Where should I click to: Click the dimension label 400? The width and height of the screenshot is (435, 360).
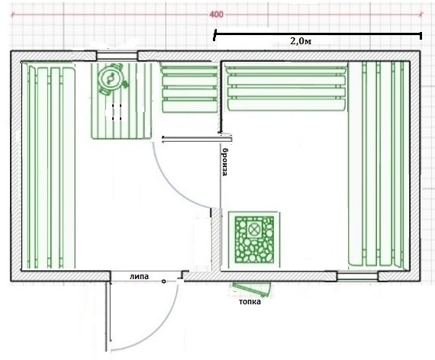click(x=216, y=14)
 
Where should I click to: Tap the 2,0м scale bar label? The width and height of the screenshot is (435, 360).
click(x=301, y=41)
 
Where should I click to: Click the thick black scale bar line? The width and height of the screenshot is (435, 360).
click(x=317, y=34)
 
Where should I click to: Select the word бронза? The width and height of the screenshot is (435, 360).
click(x=225, y=162)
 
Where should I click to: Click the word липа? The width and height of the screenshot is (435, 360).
click(x=139, y=276)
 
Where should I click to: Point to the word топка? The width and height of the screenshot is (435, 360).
click(x=250, y=301)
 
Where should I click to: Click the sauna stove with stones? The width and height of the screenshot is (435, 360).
click(x=254, y=239)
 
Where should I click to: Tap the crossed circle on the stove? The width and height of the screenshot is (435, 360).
click(x=253, y=229)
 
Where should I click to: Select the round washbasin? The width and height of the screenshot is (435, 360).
click(x=111, y=79)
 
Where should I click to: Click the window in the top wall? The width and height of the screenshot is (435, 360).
click(x=117, y=56)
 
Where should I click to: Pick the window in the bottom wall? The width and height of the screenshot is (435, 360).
click(x=357, y=276)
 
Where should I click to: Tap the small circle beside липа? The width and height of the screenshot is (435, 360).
click(x=163, y=281)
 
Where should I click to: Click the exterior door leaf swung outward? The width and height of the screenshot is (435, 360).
click(x=108, y=317)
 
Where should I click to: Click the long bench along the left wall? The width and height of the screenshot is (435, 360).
click(x=49, y=165)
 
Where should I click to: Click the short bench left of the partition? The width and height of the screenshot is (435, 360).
click(x=190, y=88)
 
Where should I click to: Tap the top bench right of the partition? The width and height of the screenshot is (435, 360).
click(x=286, y=86)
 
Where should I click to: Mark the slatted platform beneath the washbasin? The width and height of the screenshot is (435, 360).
click(x=122, y=101)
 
